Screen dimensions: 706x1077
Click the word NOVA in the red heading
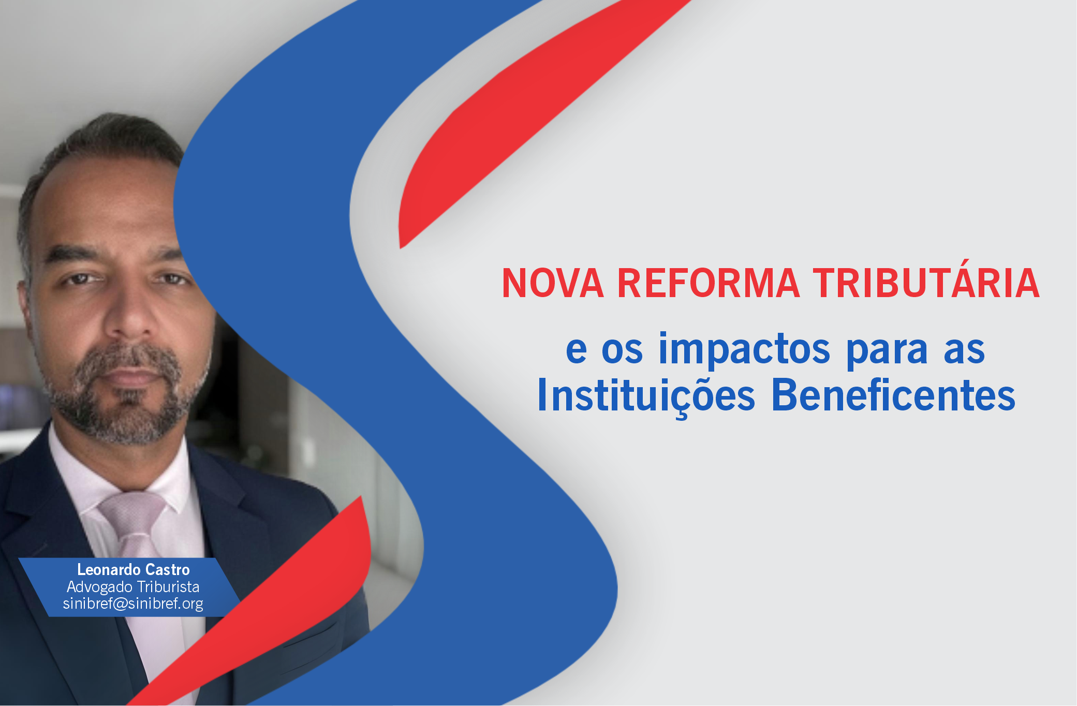553,283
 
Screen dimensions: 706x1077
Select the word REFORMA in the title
709,283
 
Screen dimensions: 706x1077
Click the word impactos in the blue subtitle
744,350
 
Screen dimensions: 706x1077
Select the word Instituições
646,396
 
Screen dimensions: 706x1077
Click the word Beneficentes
893,395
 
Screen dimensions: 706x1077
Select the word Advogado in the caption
99,587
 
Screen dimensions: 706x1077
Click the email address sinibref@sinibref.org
133,604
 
